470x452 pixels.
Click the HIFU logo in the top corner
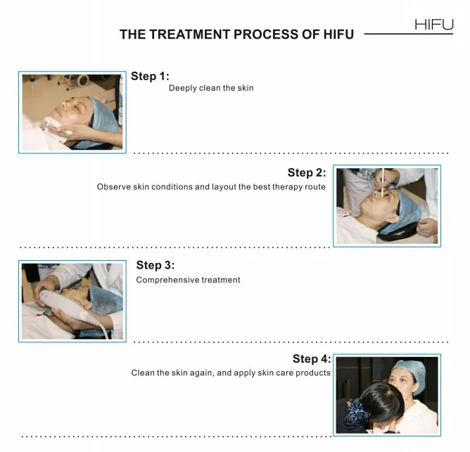(434, 25)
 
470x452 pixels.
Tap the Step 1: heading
(150, 77)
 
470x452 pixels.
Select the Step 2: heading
(307, 173)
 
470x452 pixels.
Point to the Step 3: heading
(155, 266)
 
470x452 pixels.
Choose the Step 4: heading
(312, 359)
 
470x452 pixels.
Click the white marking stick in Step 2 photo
(383, 183)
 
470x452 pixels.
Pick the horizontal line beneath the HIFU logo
(409, 34)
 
